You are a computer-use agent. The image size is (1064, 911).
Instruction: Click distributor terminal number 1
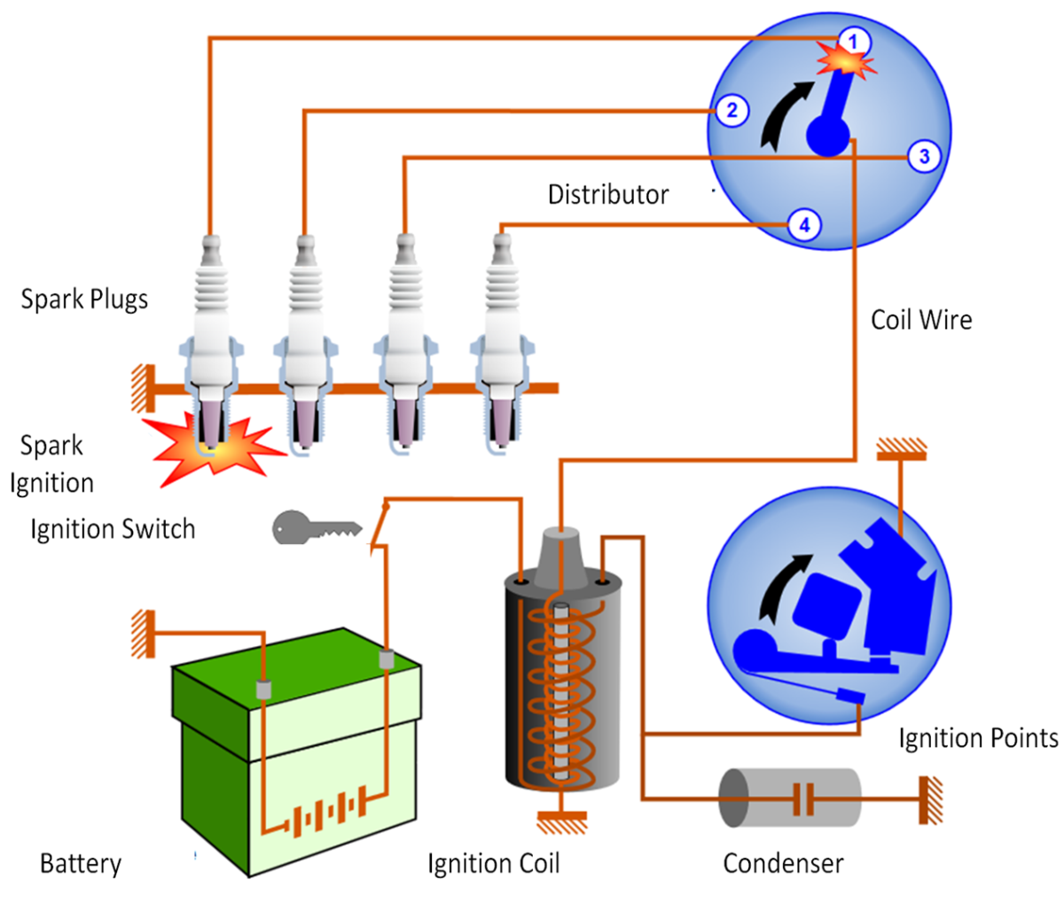point(853,42)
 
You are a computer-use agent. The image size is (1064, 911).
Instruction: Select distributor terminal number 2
point(731,111)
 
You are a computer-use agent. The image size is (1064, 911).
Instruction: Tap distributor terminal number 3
point(924,157)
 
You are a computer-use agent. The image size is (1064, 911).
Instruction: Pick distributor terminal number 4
point(804,225)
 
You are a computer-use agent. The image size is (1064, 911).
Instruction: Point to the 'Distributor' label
point(608,195)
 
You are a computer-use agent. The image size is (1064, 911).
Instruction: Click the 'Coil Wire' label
point(921,320)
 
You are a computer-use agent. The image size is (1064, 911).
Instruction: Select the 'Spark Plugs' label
point(84,300)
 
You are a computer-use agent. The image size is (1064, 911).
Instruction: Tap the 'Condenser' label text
point(783,863)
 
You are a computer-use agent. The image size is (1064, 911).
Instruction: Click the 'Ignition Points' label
point(978,738)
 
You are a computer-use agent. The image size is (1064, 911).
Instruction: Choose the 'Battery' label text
point(81,863)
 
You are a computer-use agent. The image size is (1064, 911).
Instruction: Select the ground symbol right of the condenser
point(930,798)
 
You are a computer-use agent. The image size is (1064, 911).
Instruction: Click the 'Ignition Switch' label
point(113,529)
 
